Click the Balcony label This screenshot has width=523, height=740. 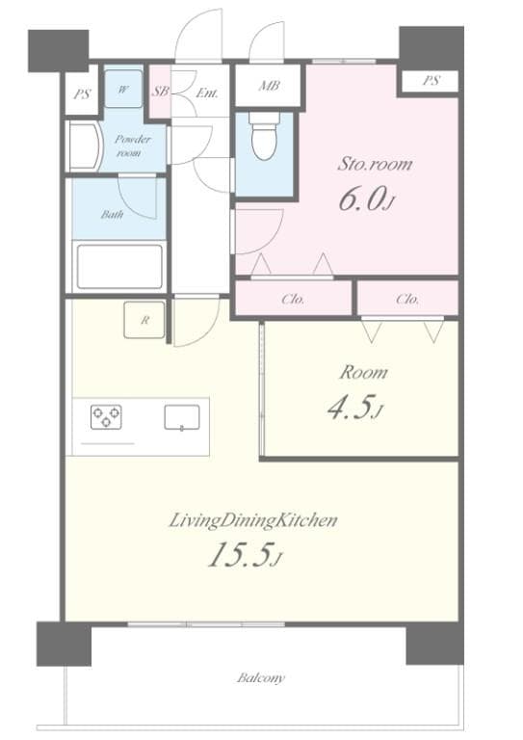click(x=261, y=678)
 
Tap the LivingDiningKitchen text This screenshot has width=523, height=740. click(x=253, y=521)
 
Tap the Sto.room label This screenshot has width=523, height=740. click(x=375, y=164)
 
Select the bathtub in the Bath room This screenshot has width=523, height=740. click(x=119, y=266)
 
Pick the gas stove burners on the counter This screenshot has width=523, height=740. click(x=106, y=416)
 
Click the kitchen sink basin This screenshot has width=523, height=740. click(x=181, y=417)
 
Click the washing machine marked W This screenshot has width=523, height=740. click(x=123, y=89)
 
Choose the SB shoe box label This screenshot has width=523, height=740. click(x=161, y=92)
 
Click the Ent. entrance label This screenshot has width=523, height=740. click(x=207, y=92)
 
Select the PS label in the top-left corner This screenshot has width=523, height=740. click(x=81, y=94)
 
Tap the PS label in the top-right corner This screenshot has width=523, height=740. click(x=430, y=81)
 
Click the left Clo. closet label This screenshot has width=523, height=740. click(x=294, y=300)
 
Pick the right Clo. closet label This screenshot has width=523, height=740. click(x=407, y=300)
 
